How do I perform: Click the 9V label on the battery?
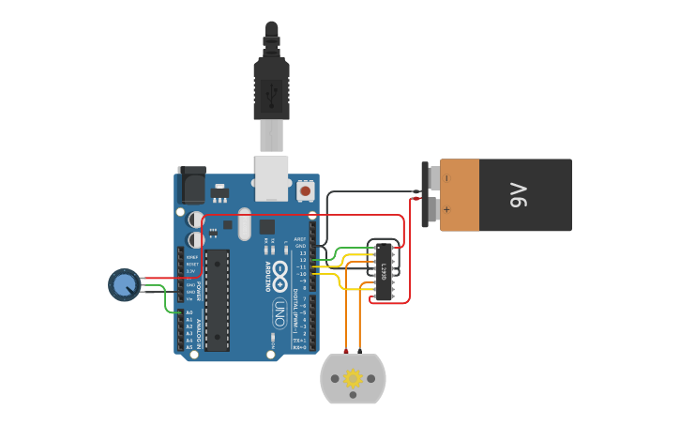[x=519, y=195]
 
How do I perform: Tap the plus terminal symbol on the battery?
[x=447, y=210]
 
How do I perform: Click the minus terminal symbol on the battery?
[x=447, y=177]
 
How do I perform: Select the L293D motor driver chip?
[x=384, y=271]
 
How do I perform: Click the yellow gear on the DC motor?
[x=353, y=378]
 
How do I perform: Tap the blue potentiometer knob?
[x=123, y=284]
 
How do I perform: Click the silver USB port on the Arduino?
[x=272, y=177]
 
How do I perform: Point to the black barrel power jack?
[x=191, y=185]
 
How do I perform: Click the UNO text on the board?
[x=279, y=313]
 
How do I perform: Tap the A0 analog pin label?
[x=189, y=312]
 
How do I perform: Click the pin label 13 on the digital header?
[x=302, y=253]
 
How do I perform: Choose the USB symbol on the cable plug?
[x=272, y=92]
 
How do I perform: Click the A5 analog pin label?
[x=189, y=347]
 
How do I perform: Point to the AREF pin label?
[x=301, y=239]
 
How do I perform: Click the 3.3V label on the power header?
[x=191, y=270]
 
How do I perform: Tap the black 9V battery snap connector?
[x=431, y=194]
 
